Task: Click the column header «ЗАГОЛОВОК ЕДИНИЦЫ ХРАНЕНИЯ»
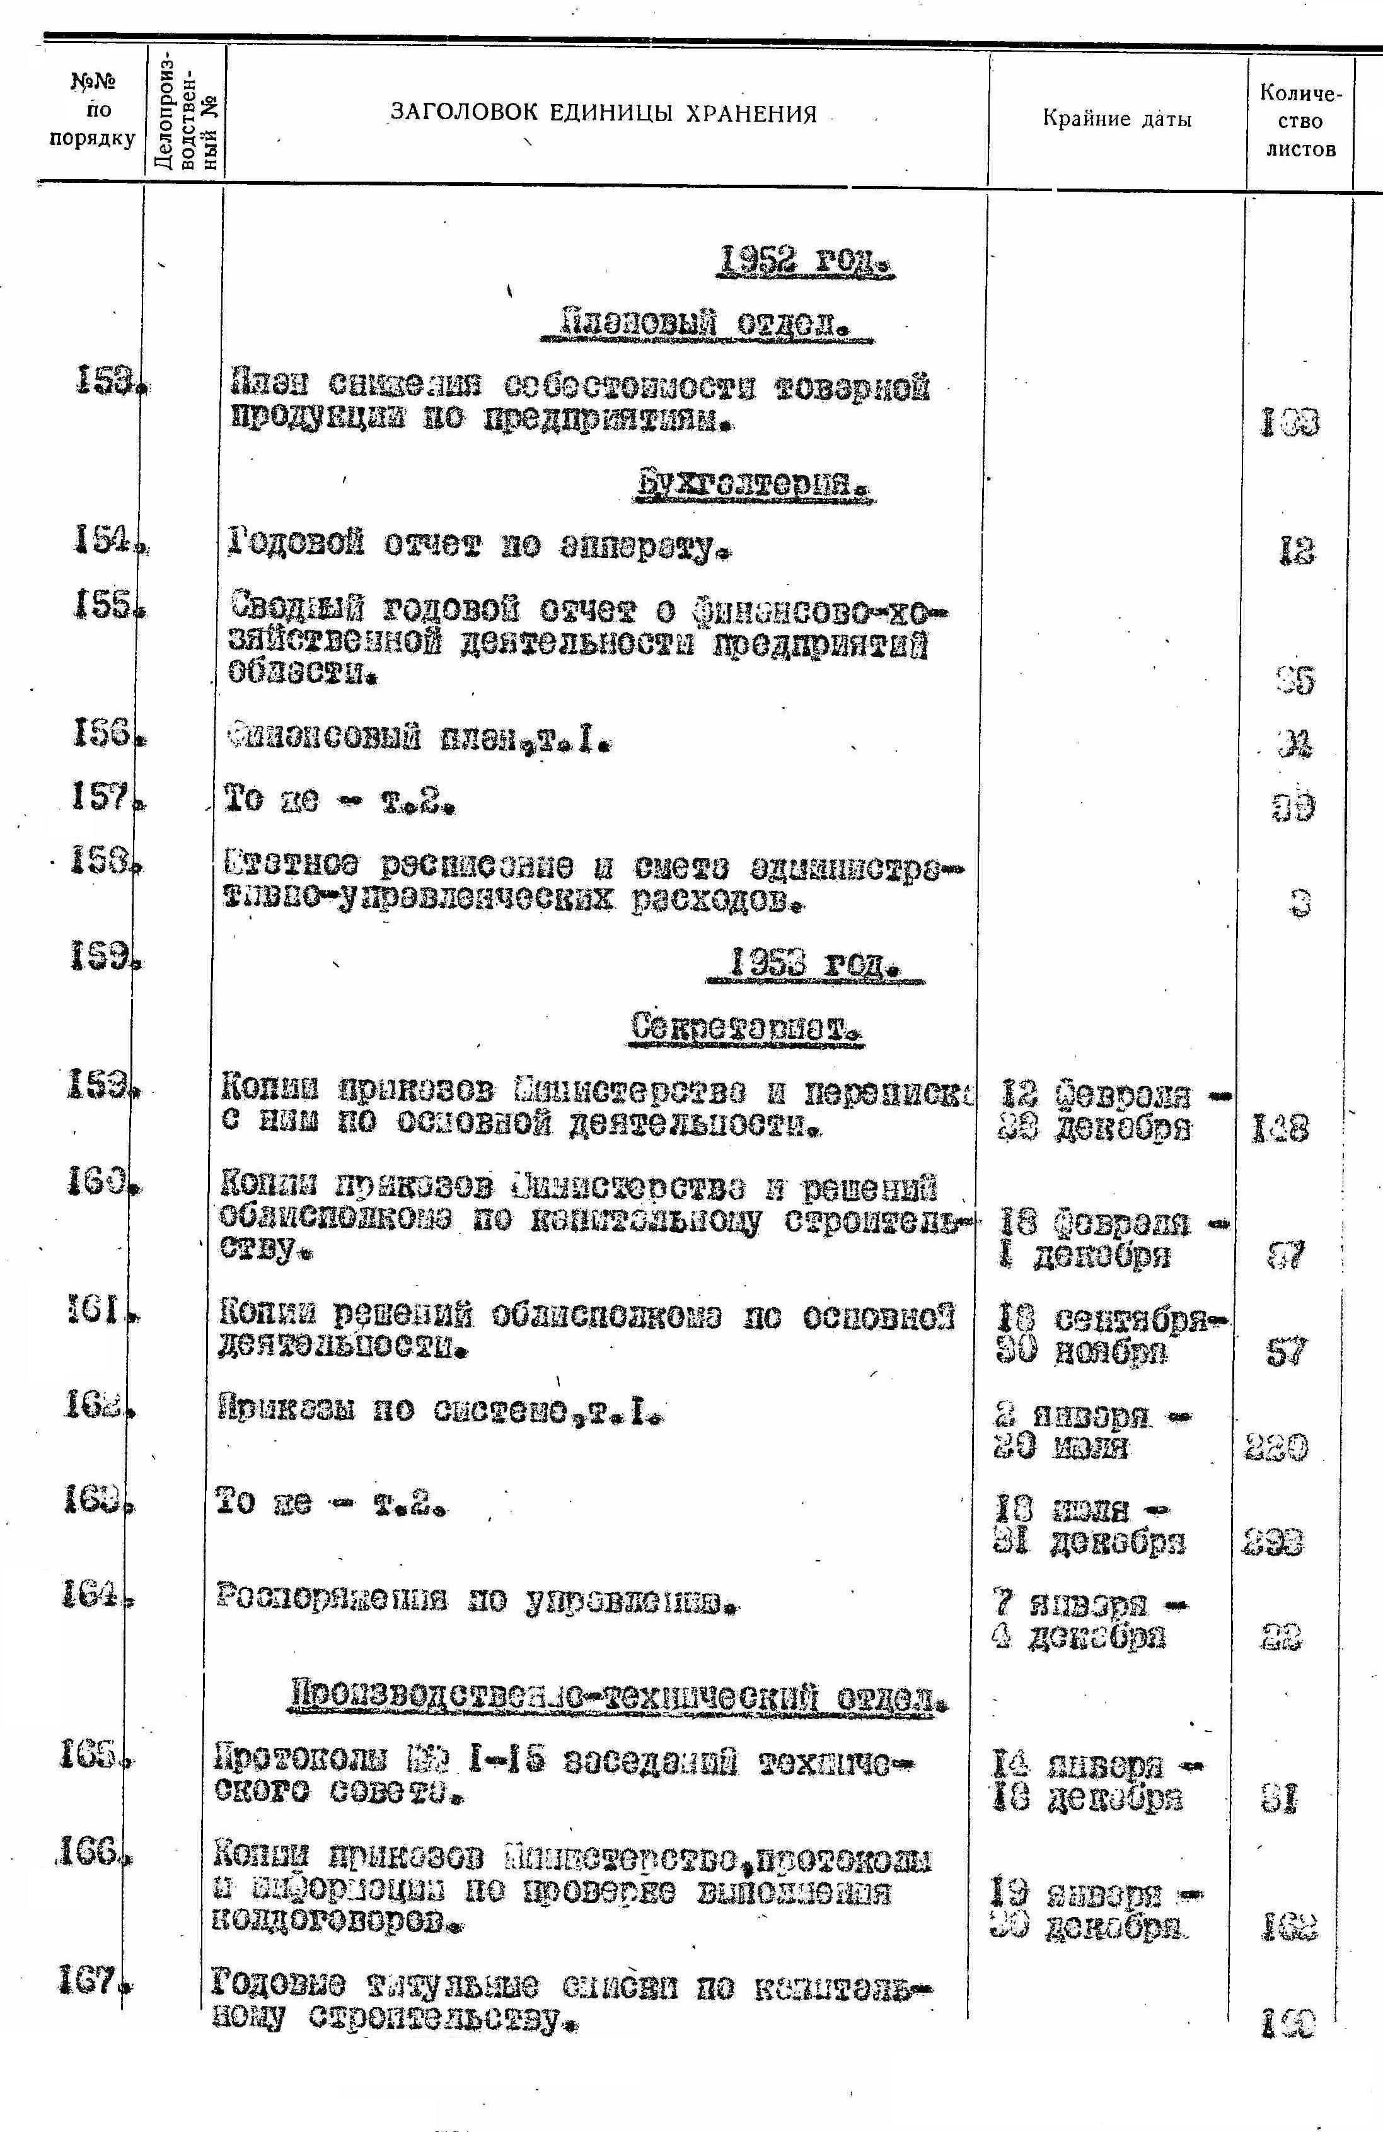tap(604, 114)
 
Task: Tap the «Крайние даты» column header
tap(1117, 119)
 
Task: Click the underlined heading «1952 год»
tap(807, 264)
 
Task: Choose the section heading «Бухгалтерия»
tap(756, 489)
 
